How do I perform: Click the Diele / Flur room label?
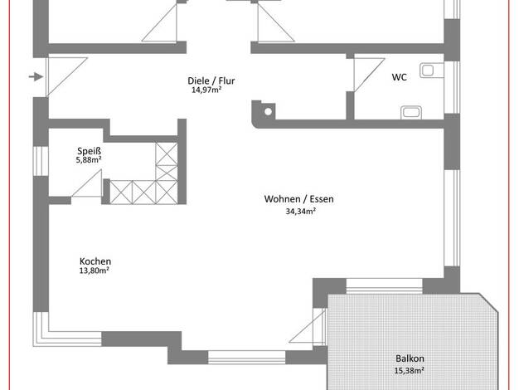[211, 80]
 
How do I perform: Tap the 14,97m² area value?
[206, 90]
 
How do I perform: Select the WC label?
[399, 77]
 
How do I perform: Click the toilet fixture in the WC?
[432, 71]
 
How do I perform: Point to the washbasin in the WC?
[411, 112]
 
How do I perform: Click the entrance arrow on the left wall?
[36, 77]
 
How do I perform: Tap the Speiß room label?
[89, 151]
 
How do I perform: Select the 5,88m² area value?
[89, 160]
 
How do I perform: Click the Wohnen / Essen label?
[299, 199]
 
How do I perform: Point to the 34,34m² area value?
[301, 212]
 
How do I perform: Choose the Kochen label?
[95, 261]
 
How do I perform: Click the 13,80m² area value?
[95, 271]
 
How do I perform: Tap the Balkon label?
[410, 358]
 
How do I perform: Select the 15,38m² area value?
[409, 371]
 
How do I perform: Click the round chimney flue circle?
[269, 112]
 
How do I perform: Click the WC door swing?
[369, 75]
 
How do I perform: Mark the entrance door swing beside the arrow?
[66, 77]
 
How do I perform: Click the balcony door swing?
[308, 325]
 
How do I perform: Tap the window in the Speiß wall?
[41, 161]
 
